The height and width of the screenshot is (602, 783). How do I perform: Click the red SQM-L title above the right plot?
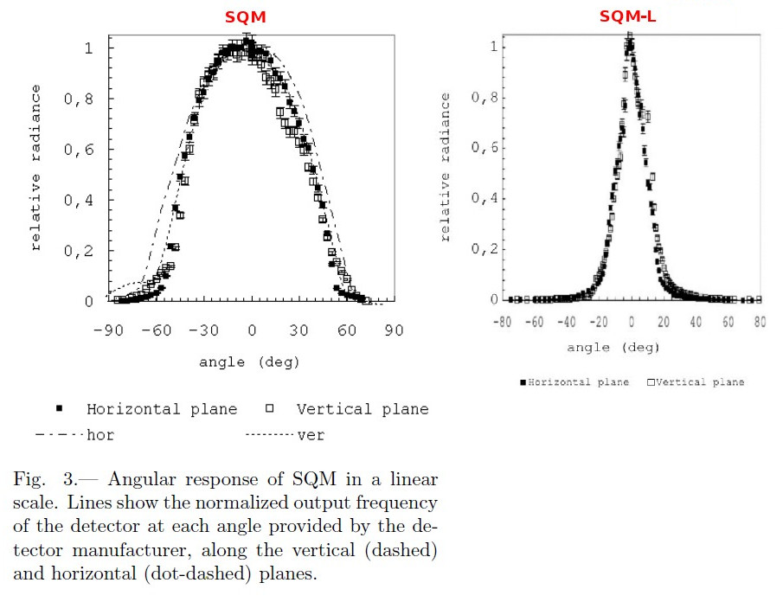point(628,16)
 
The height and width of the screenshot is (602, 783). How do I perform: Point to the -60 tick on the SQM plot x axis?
point(156,330)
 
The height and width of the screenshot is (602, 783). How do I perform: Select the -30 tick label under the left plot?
point(204,330)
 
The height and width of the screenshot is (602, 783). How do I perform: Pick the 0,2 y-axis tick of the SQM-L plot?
point(485,249)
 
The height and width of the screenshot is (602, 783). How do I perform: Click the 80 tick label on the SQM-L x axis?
point(760,323)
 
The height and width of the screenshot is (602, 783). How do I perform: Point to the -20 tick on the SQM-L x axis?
point(600,323)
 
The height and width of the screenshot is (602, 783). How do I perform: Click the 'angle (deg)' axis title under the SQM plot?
point(249,362)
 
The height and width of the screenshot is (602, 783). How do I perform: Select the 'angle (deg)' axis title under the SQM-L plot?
point(613,348)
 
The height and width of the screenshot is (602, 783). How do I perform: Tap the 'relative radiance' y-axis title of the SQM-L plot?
point(446,170)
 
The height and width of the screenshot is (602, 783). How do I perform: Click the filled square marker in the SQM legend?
point(60,408)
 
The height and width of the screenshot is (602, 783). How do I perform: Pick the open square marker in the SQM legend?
point(270,408)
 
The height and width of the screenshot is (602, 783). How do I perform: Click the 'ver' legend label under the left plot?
point(311,435)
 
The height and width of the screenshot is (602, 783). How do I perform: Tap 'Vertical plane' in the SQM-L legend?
point(700,381)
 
